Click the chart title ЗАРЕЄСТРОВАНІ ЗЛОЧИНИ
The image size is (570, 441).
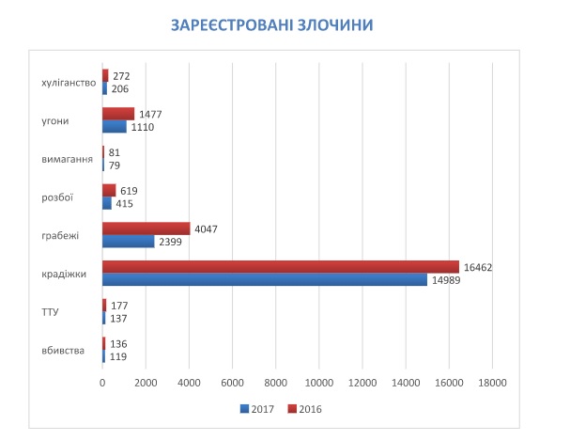tap(284, 24)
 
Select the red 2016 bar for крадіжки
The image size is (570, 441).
tap(280, 267)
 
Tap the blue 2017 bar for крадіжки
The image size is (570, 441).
tap(264, 279)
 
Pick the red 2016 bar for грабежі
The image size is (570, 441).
tap(146, 228)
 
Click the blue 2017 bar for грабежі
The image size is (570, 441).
tap(128, 241)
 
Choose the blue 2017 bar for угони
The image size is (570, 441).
tap(114, 126)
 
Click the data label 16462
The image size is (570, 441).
tap(478, 267)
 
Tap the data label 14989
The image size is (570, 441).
tap(446, 279)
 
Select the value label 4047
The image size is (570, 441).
tap(208, 228)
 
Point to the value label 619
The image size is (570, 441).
tap(129, 189)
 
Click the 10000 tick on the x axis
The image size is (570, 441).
tap(319, 383)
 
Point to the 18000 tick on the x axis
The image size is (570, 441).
tap(493, 383)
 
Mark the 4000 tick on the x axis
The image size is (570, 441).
tap(189, 383)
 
